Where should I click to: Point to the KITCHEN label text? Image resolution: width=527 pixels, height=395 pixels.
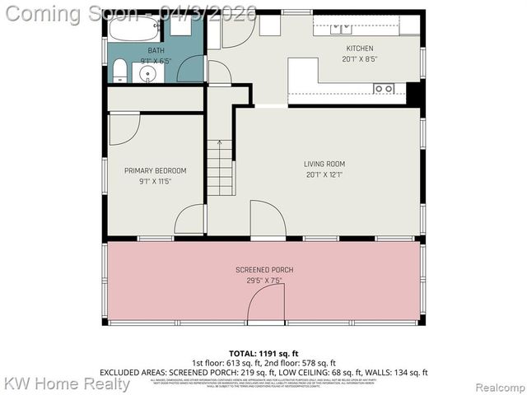[359, 49]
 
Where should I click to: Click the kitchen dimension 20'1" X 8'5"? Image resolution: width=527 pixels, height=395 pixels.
[359, 59]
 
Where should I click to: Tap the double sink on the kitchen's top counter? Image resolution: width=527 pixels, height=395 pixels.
[341, 29]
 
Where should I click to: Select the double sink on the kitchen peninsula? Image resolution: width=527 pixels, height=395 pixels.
[383, 88]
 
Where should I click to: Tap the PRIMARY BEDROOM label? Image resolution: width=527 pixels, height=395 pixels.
[155, 171]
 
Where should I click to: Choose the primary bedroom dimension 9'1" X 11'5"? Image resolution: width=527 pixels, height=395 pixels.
[155, 181]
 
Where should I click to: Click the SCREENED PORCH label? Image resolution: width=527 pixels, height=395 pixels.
[263, 270]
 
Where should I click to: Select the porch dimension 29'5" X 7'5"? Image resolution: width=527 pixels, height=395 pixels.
[263, 281]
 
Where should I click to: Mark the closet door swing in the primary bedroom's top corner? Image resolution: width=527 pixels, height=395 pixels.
[124, 127]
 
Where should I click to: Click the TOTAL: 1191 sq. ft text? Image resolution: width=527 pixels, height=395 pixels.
[263, 351]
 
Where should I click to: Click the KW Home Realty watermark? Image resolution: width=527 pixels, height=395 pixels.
[66, 383]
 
